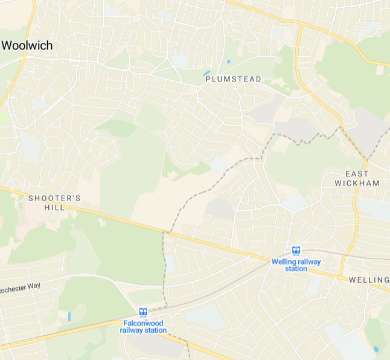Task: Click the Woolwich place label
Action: tap(27, 46)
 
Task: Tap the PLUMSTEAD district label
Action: tap(233, 79)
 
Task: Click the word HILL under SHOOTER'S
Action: tap(54, 207)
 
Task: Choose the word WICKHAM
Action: tap(357, 183)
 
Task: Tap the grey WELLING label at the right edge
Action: tap(369, 280)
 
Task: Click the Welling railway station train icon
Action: tap(296, 251)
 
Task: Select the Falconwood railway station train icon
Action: tap(143, 312)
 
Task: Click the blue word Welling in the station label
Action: tap(283, 262)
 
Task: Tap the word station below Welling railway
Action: tap(296, 269)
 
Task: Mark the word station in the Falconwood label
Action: tap(154, 330)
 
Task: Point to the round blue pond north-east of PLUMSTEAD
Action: tap(228, 62)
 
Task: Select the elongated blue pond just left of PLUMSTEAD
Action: tap(206, 73)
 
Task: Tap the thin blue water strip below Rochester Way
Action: tap(69, 316)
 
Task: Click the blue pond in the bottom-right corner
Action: tap(376, 349)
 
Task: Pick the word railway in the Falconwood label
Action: tap(130, 330)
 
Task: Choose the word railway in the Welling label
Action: tap(310, 262)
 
